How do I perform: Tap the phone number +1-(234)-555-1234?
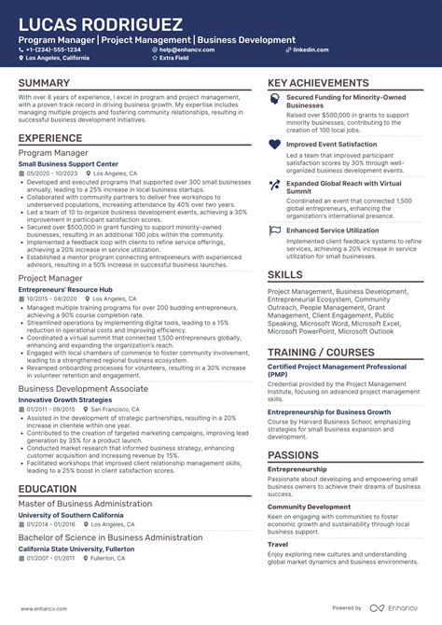(x=57, y=49)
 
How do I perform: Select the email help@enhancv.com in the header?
(x=186, y=49)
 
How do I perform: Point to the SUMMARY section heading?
(x=43, y=83)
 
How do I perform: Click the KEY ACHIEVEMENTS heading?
(x=319, y=83)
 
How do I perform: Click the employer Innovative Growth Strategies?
(x=63, y=399)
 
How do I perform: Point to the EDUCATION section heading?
(x=47, y=489)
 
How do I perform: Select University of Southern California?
(x=70, y=516)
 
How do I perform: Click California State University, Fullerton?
(x=76, y=549)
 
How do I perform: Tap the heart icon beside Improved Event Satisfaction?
(x=274, y=145)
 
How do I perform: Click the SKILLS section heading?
(x=285, y=274)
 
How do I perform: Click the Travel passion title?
(x=278, y=544)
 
